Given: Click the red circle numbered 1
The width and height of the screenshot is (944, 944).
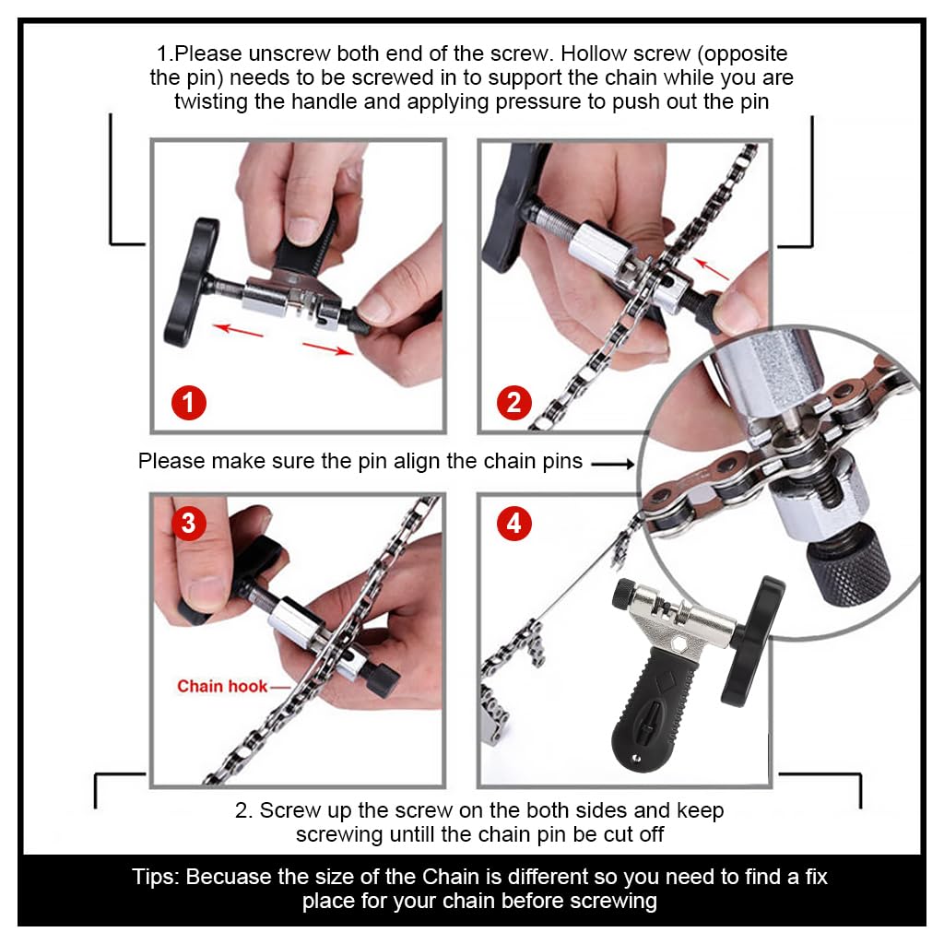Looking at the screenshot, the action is (x=188, y=403).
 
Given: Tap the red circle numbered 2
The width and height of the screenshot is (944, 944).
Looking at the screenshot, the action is (x=514, y=403).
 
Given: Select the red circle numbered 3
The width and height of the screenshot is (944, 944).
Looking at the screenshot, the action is (x=188, y=524).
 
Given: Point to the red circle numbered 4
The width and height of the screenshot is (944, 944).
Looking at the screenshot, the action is (x=514, y=524).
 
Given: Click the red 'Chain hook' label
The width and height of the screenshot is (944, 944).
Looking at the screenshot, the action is (x=222, y=686).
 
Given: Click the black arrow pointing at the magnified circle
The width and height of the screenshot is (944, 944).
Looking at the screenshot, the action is (x=613, y=464).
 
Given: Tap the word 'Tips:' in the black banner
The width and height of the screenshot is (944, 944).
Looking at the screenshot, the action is (x=156, y=877).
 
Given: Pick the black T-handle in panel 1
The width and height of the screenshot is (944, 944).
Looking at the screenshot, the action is (x=190, y=282).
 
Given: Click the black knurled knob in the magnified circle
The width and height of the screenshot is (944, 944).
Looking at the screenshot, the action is (x=850, y=563).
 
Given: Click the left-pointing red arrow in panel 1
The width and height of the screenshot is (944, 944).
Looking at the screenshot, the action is (x=238, y=330).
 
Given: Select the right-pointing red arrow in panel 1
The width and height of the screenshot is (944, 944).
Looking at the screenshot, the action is (x=328, y=348).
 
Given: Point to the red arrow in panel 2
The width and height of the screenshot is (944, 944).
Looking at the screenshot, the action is (x=711, y=269).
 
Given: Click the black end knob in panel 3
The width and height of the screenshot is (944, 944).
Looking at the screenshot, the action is (x=379, y=678).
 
